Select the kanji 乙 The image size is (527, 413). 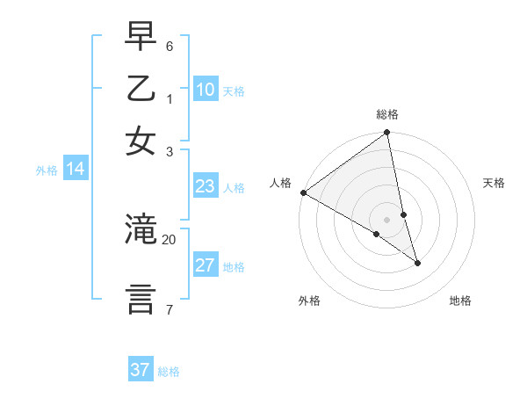(x=141, y=91)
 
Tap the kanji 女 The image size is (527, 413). (x=141, y=141)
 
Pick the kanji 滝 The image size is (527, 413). (x=141, y=229)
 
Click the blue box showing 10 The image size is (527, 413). (x=206, y=90)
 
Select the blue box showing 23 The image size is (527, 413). (x=206, y=186)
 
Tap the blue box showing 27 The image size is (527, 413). (x=206, y=265)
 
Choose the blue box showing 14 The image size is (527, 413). (x=76, y=170)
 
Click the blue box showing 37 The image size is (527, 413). (x=141, y=370)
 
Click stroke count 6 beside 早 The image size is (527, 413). (x=170, y=46)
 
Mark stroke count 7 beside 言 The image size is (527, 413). (x=170, y=309)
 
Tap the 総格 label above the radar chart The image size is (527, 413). (x=387, y=114)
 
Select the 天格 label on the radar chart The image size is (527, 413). (x=495, y=183)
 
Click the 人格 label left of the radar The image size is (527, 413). (x=280, y=183)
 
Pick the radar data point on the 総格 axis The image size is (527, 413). (x=387, y=134)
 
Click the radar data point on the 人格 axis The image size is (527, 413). (x=303, y=192)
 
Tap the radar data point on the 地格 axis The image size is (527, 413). (x=417, y=263)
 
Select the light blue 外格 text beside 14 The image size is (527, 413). (x=47, y=170)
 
